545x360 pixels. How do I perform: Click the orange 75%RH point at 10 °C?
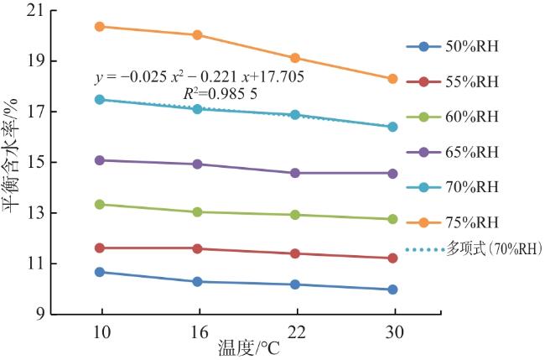coord(100,26)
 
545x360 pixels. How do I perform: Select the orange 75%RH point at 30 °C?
coord(392,79)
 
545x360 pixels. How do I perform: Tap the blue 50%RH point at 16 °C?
coord(197,282)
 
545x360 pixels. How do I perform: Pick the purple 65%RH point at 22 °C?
coord(295,173)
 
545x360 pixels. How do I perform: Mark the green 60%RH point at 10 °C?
coord(100,204)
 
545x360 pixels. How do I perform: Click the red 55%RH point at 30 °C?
coord(392,258)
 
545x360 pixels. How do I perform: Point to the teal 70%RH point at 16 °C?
coord(197,109)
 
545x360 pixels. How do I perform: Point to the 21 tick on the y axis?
coord(39,11)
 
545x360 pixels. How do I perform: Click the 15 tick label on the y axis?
coord(39,163)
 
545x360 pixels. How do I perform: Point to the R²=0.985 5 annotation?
coord(221,93)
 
